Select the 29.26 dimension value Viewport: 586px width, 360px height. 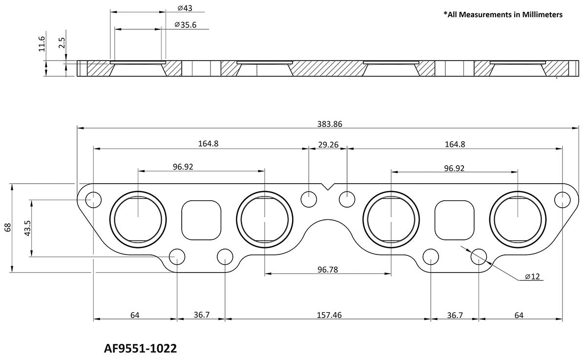point(328,144)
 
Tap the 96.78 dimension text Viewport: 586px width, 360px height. point(328,269)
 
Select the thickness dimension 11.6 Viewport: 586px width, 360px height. point(42,44)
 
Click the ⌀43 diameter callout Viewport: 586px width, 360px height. point(184,8)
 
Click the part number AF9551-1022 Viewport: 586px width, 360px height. point(140,349)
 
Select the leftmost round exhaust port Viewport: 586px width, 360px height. point(139,217)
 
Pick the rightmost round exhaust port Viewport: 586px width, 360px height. point(518,217)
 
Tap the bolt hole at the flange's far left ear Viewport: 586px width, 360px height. point(93,199)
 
